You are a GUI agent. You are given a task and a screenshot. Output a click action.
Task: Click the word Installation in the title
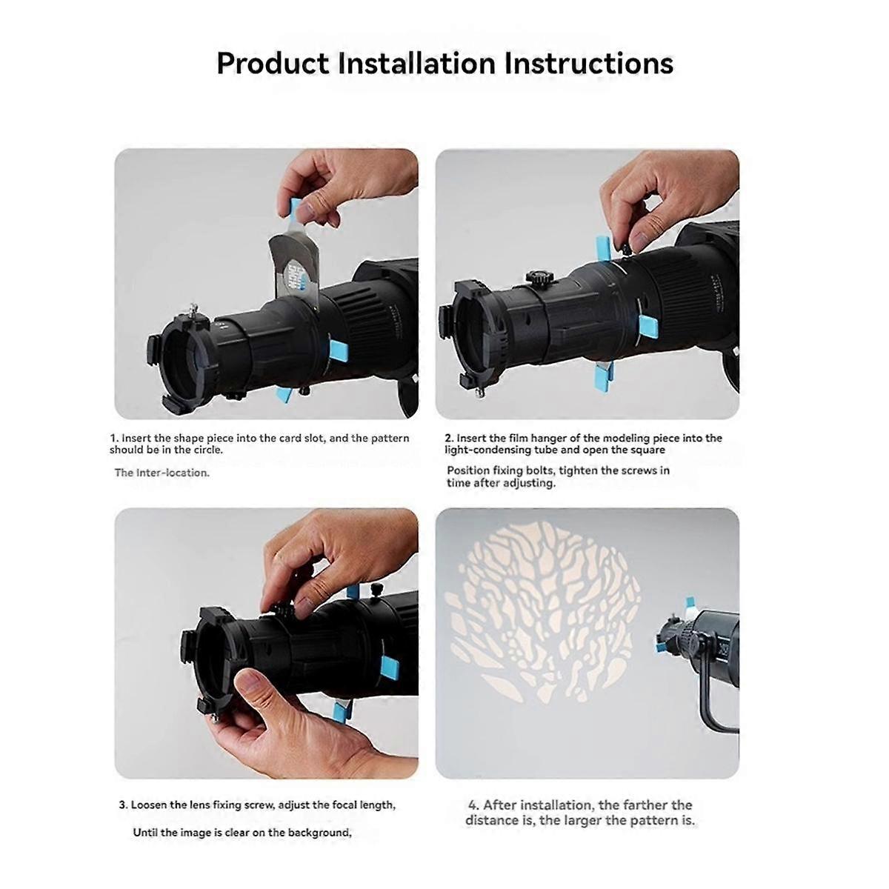[x=416, y=64]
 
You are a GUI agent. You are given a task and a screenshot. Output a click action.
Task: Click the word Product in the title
[x=272, y=64]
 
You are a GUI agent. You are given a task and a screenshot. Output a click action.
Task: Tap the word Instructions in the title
[x=588, y=64]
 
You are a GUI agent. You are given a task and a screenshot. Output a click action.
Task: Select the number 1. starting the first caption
[x=114, y=438]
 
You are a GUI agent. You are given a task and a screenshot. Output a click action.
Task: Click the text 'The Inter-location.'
[x=162, y=473]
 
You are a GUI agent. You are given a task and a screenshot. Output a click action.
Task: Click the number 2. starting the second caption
[x=449, y=438]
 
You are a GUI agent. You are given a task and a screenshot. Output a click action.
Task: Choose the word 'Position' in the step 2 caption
[x=468, y=470]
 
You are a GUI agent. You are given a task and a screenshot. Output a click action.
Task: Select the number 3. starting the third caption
[x=123, y=805]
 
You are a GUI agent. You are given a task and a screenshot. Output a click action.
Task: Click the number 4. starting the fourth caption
[x=473, y=805]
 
